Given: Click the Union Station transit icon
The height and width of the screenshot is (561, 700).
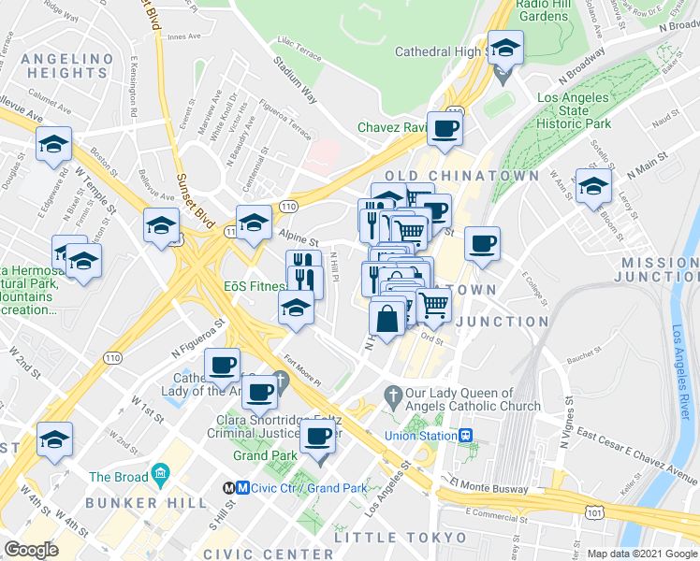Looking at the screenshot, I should (465, 436).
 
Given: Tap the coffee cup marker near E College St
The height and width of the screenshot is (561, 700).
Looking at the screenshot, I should (482, 244).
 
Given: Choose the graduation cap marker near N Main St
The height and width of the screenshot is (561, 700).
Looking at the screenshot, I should (592, 186).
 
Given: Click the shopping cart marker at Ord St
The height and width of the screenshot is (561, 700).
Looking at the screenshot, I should (433, 305).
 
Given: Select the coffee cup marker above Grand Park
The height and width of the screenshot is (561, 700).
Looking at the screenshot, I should (318, 435).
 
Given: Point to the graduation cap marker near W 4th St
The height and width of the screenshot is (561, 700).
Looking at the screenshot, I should (54, 440).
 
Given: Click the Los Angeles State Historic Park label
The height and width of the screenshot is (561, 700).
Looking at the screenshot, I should (575, 110).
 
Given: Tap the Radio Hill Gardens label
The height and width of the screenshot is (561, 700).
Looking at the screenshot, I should (542, 10).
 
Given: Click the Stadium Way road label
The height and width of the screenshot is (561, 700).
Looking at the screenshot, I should (296, 78).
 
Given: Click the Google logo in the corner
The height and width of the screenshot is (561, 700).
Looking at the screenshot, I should (32, 549).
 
